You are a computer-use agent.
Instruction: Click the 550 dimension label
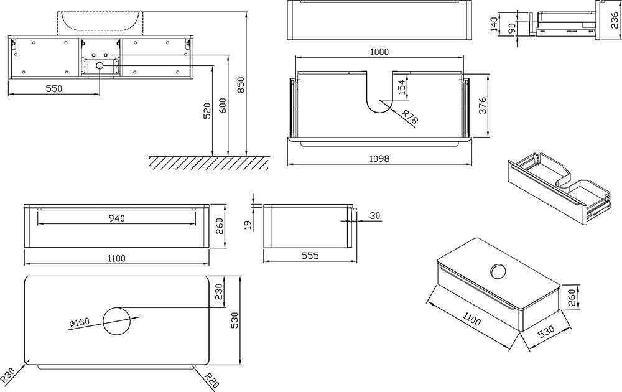[x=54, y=88]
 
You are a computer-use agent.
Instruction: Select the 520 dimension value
[x=207, y=112]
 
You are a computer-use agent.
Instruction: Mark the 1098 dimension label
[x=379, y=159]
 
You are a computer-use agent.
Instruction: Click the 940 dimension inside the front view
[x=116, y=218]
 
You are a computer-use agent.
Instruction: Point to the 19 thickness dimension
[x=248, y=223]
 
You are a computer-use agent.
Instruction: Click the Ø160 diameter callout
[x=80, y=322]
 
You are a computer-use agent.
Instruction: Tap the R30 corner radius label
[x=8, y=375]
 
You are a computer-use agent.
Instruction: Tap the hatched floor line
[x=208, y=162]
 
